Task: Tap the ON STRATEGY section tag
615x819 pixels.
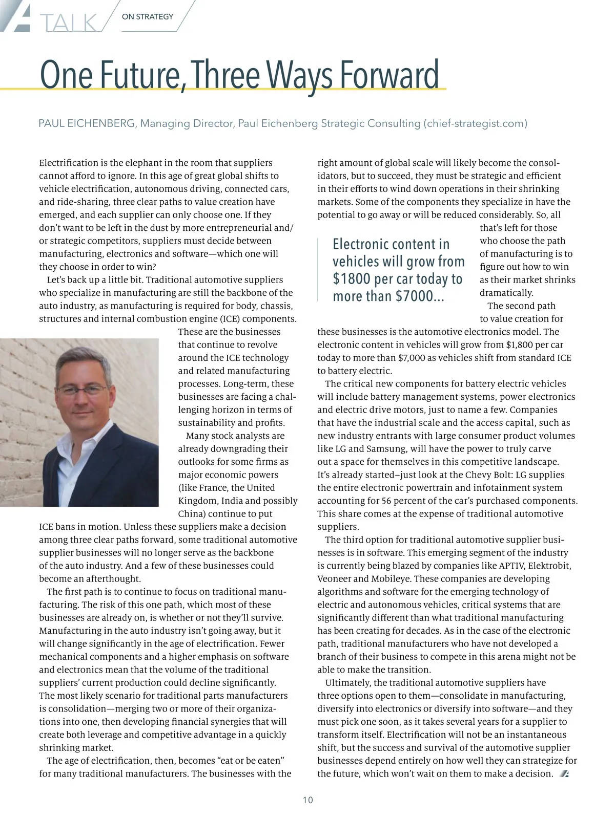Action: [148, 16]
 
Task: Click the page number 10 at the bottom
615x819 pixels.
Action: [307, 800]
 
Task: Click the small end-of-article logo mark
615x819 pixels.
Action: [564, 773]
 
